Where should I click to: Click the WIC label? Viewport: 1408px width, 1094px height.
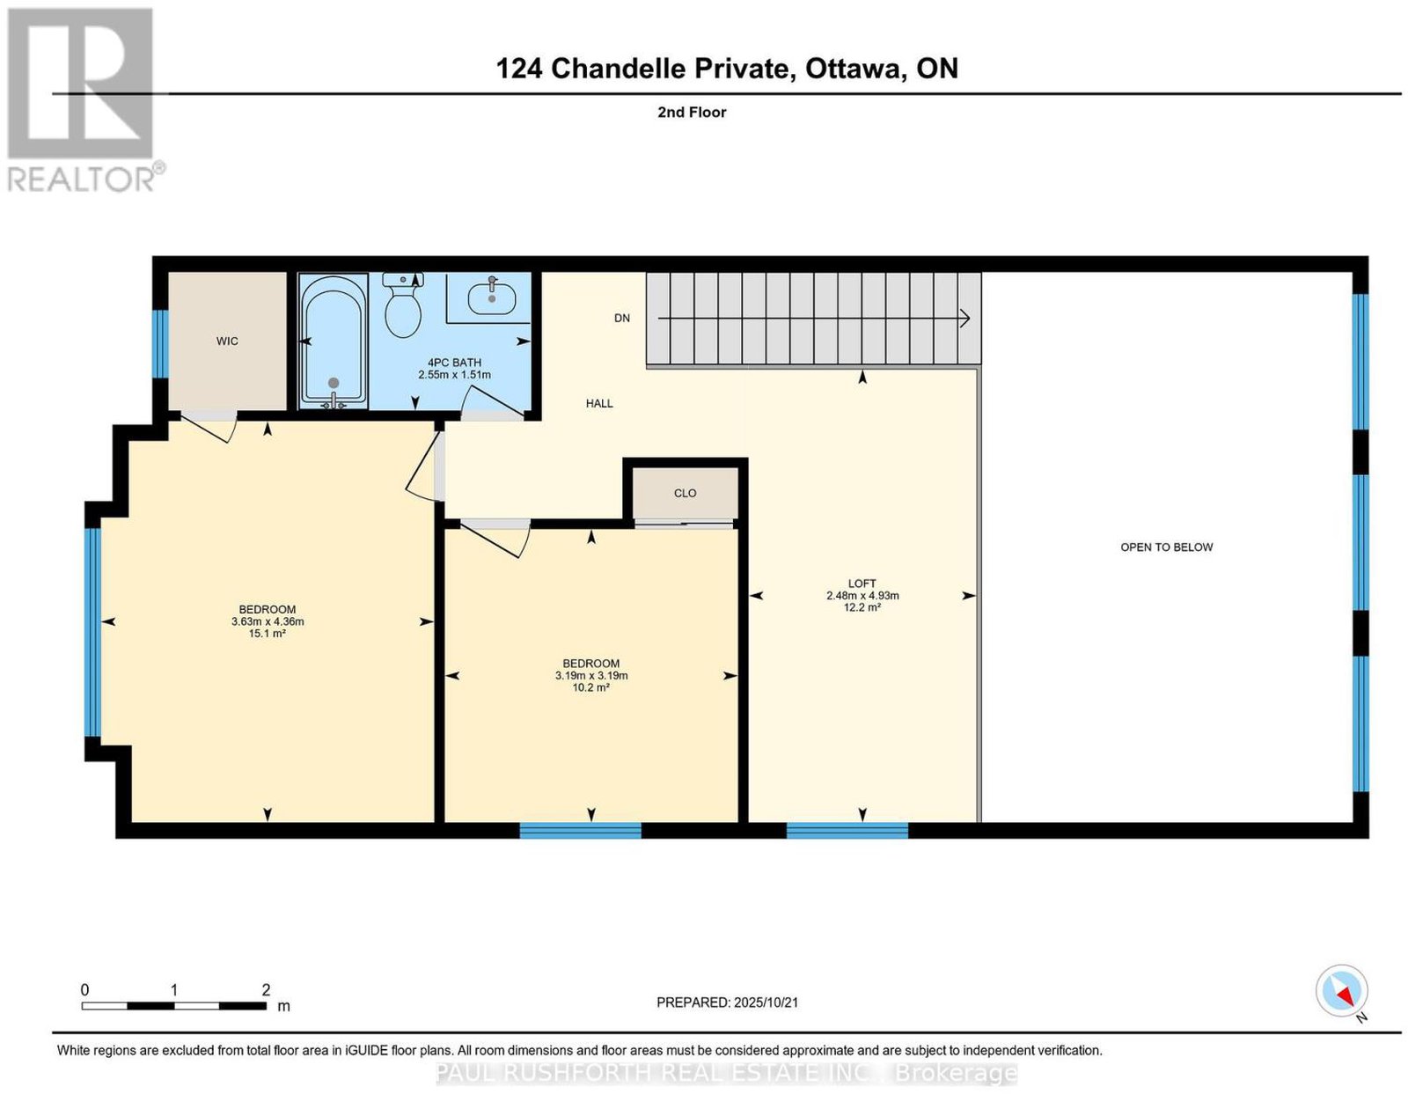coord(227,341)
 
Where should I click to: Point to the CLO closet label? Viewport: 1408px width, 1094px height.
coord(685,494)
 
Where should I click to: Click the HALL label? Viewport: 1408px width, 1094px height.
coord(599,403)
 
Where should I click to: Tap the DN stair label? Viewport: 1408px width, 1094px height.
coord(622,318)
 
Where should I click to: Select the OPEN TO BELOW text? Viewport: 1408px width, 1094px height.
coord(1166,547)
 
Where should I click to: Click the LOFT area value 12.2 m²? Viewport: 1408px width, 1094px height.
coord(862,607)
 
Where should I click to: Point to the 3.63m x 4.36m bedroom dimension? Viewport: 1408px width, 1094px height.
coord(268,622)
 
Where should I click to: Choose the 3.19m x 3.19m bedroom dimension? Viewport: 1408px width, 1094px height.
coord(591,676)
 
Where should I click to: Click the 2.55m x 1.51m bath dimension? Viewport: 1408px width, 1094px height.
coord(454,375)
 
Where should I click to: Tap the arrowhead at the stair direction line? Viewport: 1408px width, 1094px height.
coord(964,319)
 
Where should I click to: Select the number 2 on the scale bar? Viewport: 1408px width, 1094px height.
coord(266,990)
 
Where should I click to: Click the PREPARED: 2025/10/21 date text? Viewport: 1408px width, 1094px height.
coord(727,1002)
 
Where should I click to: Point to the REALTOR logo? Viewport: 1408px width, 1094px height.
coord(85,100)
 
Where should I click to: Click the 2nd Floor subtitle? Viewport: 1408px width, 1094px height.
coord(692,112)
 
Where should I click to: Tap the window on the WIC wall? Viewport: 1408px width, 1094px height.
coord(160,344)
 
